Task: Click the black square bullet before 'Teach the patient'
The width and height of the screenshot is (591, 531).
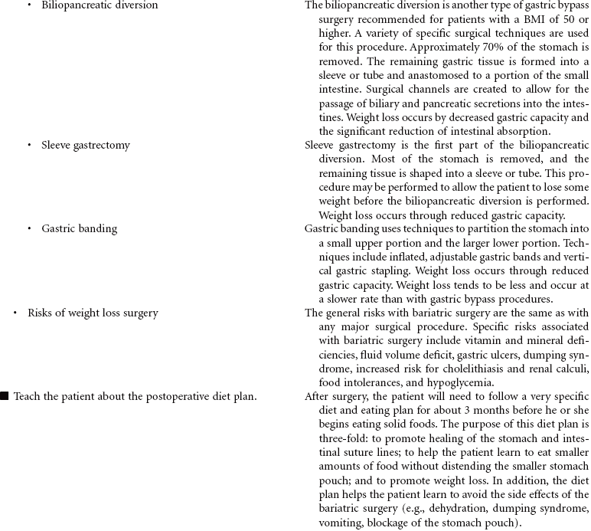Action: [x=5, y=396]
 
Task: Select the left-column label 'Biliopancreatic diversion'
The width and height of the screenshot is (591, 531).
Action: [x=100, y=5]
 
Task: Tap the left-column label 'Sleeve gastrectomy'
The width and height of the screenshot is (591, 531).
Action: [x=86, y=145]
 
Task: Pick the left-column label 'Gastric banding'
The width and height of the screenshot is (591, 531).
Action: [x=80, y=228]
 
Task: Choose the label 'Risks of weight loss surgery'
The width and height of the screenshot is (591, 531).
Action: [x=93, y=313]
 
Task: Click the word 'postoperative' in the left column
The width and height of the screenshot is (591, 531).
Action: [x=166, y=396]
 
